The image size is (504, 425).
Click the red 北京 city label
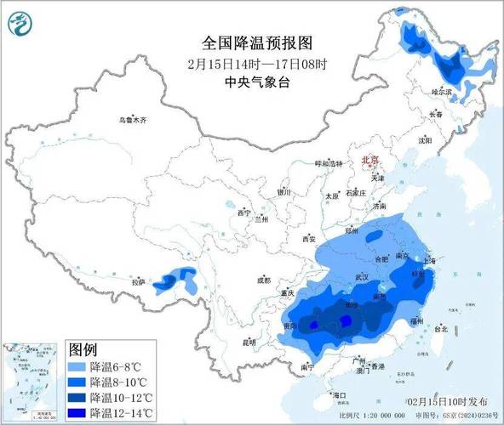pyautogui.click(x=371, y=160)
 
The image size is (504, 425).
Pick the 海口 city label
pyautogui.click(x=340, y=396)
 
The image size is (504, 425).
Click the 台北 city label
pyautogui.click(x=441, y=328)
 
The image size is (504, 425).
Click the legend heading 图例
pyautogui.click(x=83, y=348)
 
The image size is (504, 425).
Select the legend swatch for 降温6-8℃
pyautogui.click(x=79, y=365)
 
